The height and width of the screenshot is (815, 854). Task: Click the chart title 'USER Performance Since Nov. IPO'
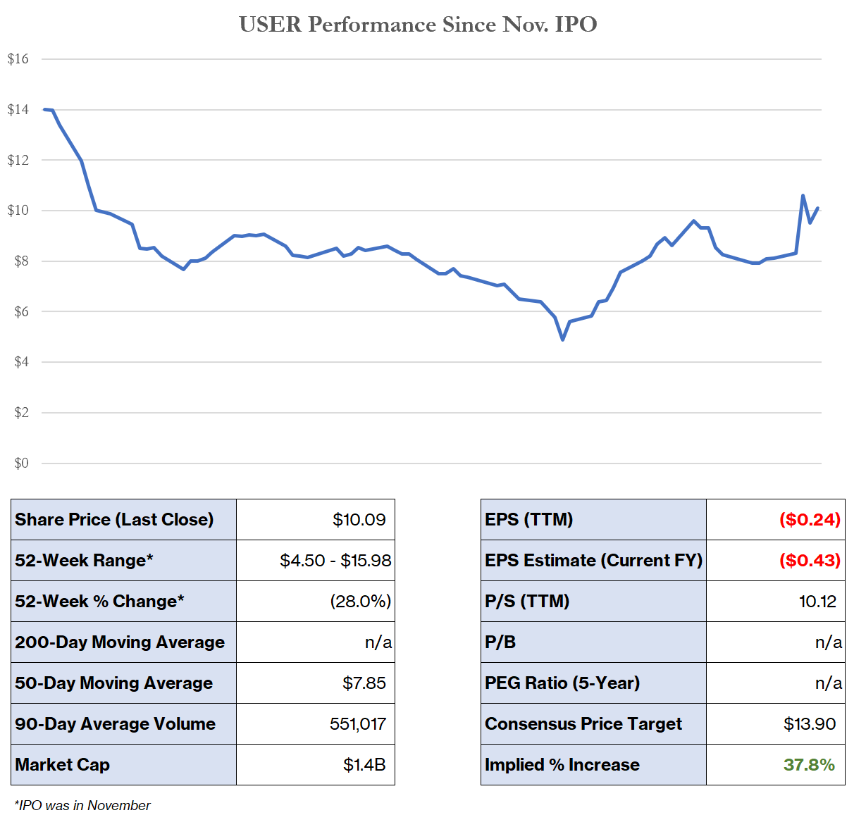pyautogui.click(x=418, y=25)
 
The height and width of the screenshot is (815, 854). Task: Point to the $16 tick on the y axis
pyautogui.click(x=18, y=58)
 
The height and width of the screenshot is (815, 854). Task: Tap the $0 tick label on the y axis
pyautogui.click(x=21, y=463)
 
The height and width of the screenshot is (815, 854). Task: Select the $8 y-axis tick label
pyautogui.click(x=21, y=261)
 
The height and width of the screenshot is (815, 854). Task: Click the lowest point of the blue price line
pyautogui.click(x=562, y=340)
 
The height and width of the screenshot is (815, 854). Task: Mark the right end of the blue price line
pyautogui.click(x=817, y=208)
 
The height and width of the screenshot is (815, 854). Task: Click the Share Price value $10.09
pyautogui.click(x=359, y=520)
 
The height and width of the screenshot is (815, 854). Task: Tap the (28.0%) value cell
pyautogui.click(x=360, y=602)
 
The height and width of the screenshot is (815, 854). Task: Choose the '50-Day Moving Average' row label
pyautogui.click(x=113, y=683)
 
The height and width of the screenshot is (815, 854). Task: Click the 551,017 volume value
pyautogui.click(x=357, y=724)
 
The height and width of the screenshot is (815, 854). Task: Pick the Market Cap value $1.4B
pyautogui.click(x=364, y=765)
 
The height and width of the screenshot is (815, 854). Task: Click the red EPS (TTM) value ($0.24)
pyautogui.click(x=810, y=520)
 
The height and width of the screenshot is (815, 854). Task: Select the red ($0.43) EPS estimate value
pyautogui.click(x=810, y=561)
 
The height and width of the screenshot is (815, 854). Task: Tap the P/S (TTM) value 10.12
pyautogui.click(x=817, y=602)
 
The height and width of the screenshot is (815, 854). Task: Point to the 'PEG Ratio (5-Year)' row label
pyautogui.click(x=562, y=683)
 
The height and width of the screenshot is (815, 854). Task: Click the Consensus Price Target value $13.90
pyautogui.click(x=810, y=724)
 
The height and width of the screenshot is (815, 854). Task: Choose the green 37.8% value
pyautogui.click(x=809, y=765)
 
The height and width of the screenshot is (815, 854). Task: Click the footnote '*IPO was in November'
pyautogui.click(x=82, y=805)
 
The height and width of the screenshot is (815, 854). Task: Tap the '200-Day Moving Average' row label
pyautogui.click(x=120, y=642)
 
